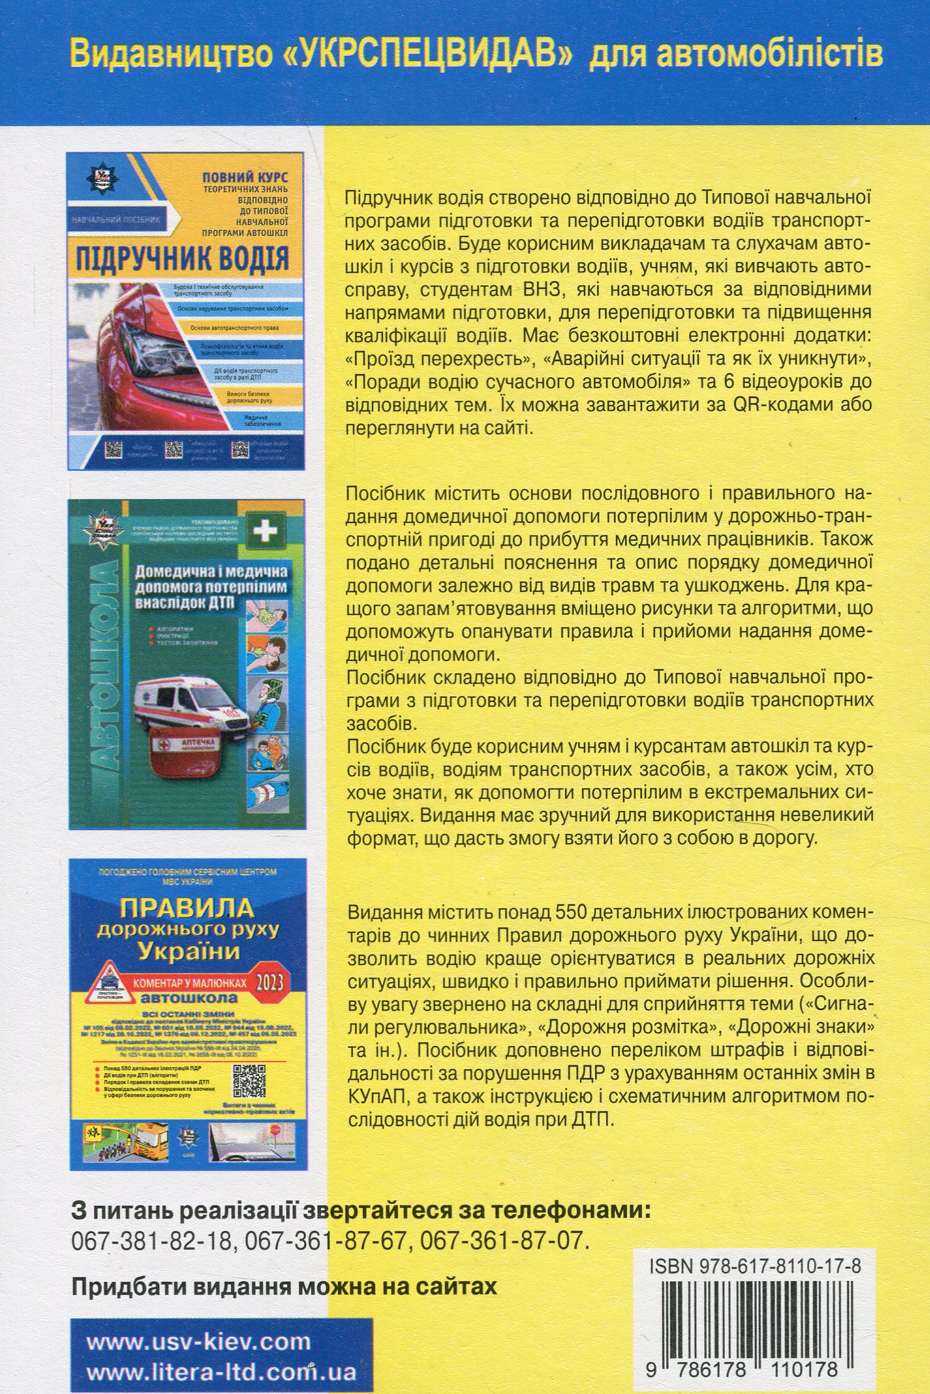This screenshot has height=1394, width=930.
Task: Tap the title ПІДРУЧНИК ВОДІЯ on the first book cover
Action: click(x=182, y=258)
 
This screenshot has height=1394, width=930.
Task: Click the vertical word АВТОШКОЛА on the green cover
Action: click(x=100, y=665)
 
